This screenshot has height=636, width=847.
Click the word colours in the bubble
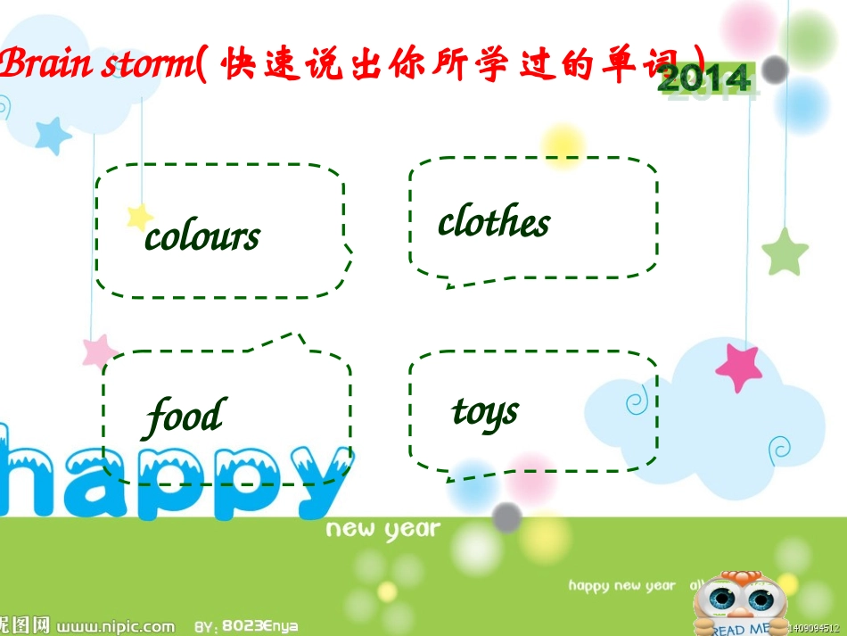coord(202,236)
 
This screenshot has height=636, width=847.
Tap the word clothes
coord(494,222)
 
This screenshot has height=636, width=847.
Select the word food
coord(185,417)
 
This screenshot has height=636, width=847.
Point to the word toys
coord(485,412)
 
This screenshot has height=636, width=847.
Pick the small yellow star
coord(139,216)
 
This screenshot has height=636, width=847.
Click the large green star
coord(785,252)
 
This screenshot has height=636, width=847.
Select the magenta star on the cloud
coord(739,366)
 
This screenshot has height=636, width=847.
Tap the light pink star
coord(99,351)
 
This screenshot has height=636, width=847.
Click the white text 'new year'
coord(383,529)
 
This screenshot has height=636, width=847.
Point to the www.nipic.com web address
coord(117,625)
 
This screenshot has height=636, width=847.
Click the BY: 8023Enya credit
coord(248,625)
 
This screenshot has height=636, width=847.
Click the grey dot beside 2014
coord(775,70)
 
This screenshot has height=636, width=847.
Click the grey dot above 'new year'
coord(506,516)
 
